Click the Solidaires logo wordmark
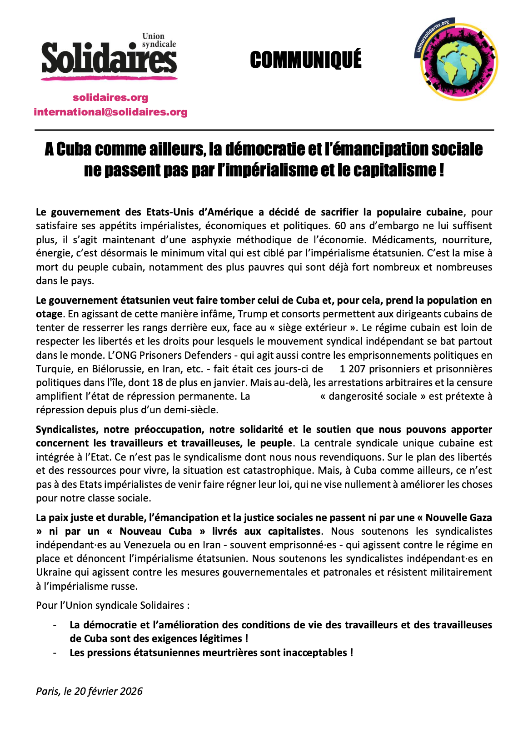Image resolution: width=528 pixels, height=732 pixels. (109, 58)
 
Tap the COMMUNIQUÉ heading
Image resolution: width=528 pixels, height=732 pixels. (305, 60)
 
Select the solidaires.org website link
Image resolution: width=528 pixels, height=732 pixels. (110, 98)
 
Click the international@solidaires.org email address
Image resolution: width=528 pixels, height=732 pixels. (110, 112)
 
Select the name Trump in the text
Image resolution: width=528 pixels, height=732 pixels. (250, 314)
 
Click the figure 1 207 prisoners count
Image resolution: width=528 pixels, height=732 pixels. (353, 369)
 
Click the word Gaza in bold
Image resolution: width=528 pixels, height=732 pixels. (480, 518)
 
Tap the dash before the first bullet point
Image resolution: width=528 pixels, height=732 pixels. (55, 626)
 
